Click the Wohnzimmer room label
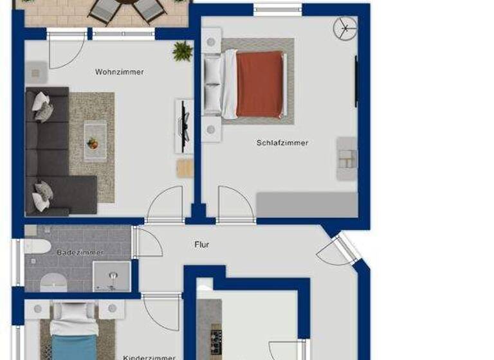click(x=119, y=72)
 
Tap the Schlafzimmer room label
click(x=282, y=143)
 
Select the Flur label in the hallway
click(x=202, y=245)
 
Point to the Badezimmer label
click(x=80, y=253)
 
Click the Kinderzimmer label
click(x=149, y=357)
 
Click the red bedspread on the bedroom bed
click(x=260, y=84)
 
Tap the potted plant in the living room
click(x=183, y=51)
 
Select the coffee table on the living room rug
click(x=94, y=141)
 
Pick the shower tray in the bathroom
click(x=113, y=277)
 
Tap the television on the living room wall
click(x=184, y=126)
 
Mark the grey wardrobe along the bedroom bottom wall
click(x=307, y=205)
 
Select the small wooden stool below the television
click(x=185, y=168)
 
